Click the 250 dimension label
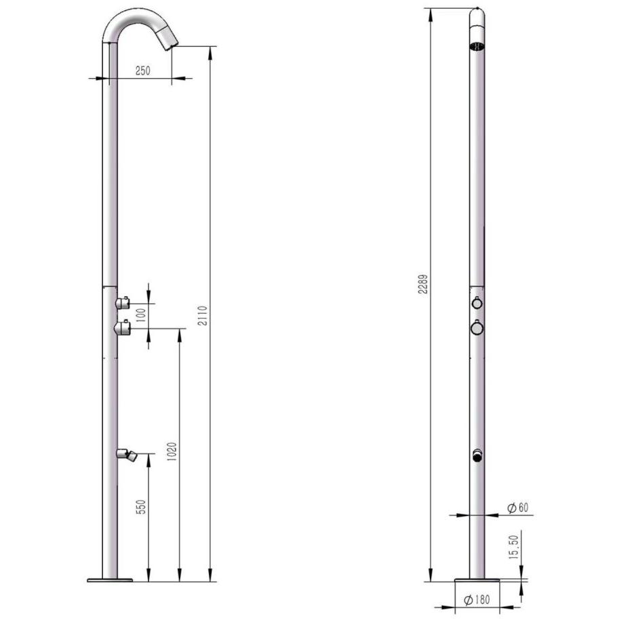click(142, 71)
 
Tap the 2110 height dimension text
click(202, 315)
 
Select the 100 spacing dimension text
click(141, 315)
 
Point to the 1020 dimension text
click(172, 451)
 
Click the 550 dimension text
click(141, 507)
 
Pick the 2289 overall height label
click(423, 283)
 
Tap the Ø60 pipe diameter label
click(517, 507)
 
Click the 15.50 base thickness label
click(513, 546)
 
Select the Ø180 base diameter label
click(477, 599)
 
